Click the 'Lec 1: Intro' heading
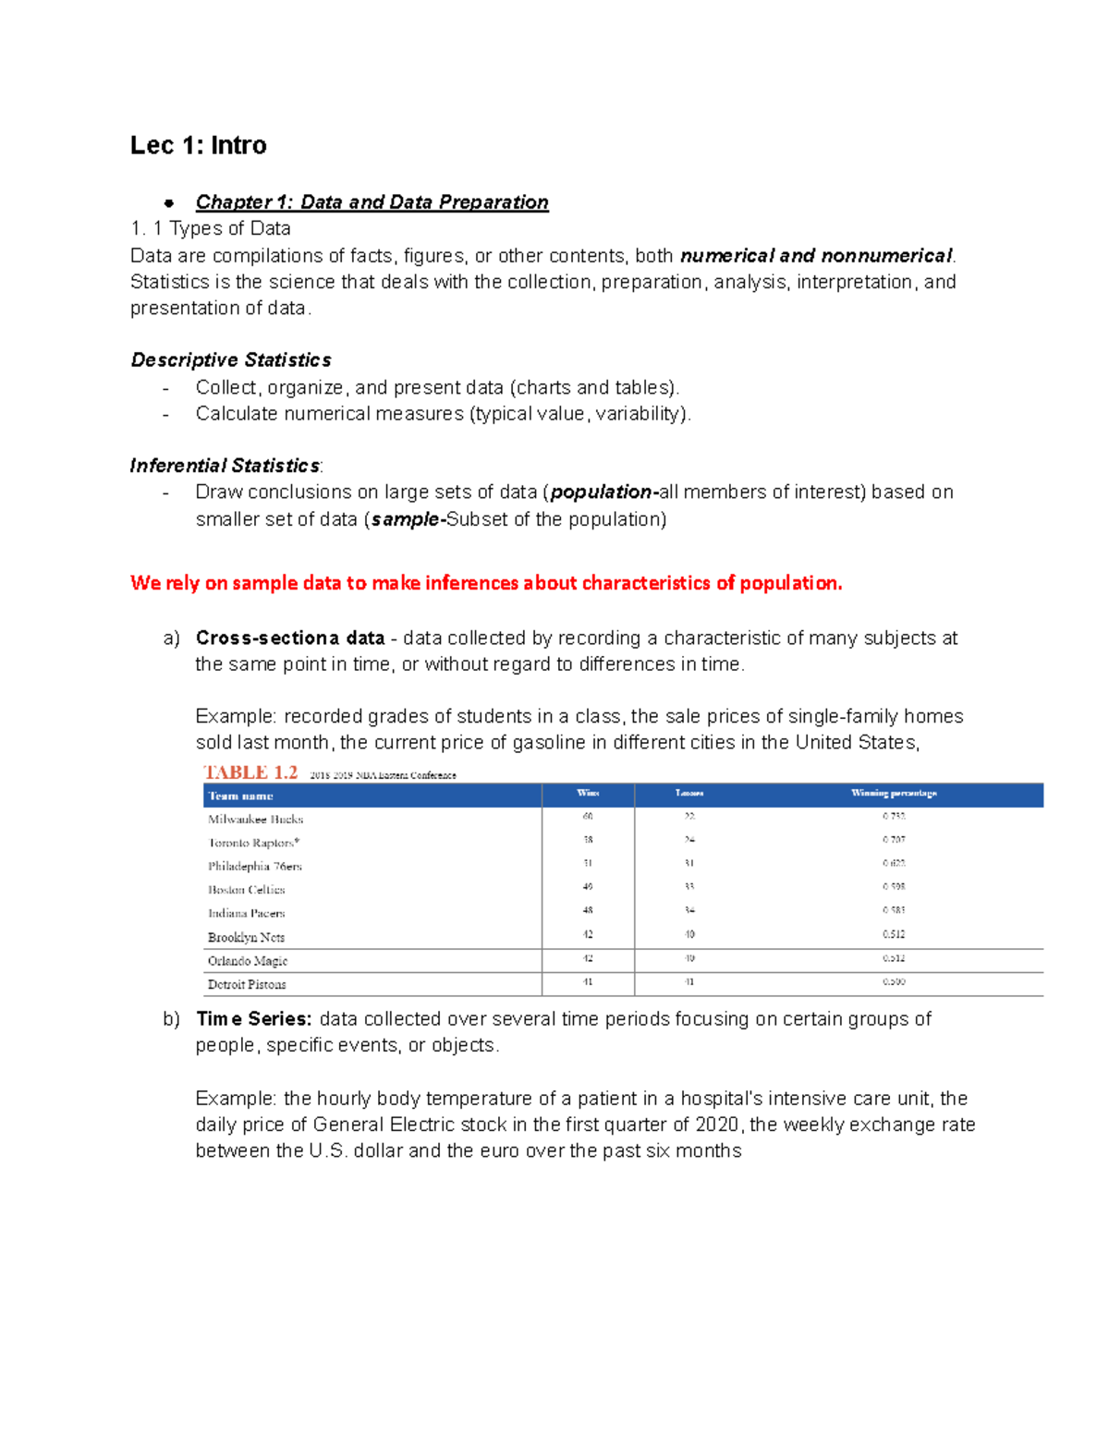point(198,145)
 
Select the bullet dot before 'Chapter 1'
point(169,202)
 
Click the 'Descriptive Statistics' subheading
point(231,360)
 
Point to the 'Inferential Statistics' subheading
point(225,466)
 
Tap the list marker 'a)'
point(170,638)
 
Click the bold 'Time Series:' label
point(254,1019)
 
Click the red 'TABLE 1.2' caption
point(250,772)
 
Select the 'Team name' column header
point(240,796)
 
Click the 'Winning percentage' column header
point(894,793)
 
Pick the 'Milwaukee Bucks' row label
point(255,820)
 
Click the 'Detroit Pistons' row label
point(247,985)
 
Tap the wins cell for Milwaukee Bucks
point(588,817)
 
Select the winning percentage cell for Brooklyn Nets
point(894,934)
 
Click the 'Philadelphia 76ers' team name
point(254,867)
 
